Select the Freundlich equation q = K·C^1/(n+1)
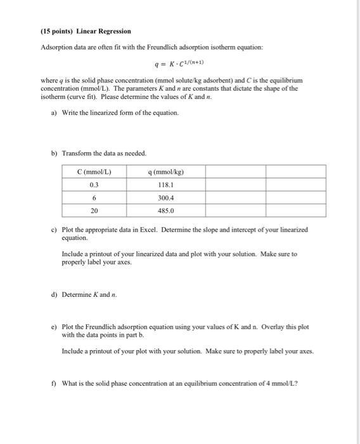point(179,64)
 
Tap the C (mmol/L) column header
point(94,172)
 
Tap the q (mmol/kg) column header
point(166,172)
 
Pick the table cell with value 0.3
point(94,185)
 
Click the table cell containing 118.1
point(166,185)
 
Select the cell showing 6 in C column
point(94,198)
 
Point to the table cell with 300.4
point(166,198)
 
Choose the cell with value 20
point(94,211)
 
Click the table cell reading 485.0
point(166,211)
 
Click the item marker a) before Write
point(53,112)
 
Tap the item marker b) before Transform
point(53,153)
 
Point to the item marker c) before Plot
point(53,230)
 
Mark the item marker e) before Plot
point(53,327)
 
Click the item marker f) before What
point(53,382)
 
